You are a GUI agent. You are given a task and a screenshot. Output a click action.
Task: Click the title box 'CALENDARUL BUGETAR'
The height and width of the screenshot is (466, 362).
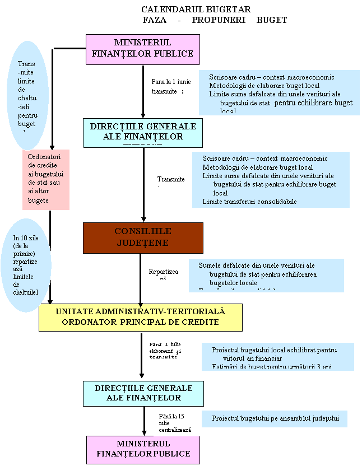click(196, 10)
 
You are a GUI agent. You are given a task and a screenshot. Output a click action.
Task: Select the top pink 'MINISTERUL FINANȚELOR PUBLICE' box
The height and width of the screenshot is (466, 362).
click(143, 49)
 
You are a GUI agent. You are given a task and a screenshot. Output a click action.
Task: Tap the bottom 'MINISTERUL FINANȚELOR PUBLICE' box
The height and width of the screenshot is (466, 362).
click(143, 450)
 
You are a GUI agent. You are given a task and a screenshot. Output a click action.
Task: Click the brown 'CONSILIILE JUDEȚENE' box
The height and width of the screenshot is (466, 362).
click(143, 238)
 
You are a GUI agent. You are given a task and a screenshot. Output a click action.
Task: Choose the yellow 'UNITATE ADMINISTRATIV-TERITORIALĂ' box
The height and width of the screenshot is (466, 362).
click(140, 318)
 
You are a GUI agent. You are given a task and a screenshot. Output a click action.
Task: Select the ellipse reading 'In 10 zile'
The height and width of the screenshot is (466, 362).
click(26, 265)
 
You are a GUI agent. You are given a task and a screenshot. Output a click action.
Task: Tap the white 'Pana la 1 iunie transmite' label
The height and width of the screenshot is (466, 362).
click(171, 86)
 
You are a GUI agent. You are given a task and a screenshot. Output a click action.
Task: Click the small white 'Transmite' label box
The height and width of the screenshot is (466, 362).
click(171, 180)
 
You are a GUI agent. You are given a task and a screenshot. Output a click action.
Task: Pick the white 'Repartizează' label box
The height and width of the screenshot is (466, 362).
click(163, 274)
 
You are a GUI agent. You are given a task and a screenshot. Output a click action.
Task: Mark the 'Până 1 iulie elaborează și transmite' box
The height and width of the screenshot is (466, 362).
click(166, 351)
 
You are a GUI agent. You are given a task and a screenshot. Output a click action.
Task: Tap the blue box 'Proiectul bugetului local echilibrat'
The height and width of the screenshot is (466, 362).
click(278, 356)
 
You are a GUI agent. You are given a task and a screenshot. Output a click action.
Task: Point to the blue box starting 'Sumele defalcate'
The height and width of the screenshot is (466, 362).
click(266, 275)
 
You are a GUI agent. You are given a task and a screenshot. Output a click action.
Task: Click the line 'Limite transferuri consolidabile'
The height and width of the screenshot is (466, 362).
click(249, 202)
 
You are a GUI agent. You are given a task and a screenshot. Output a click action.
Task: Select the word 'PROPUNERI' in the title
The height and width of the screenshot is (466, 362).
click(216, 20)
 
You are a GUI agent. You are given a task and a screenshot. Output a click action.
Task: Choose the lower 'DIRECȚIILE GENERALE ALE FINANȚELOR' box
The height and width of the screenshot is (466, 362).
click(143, 393)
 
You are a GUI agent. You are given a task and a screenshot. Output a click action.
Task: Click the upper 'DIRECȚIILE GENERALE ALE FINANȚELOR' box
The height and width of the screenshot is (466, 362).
click(143, 132)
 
